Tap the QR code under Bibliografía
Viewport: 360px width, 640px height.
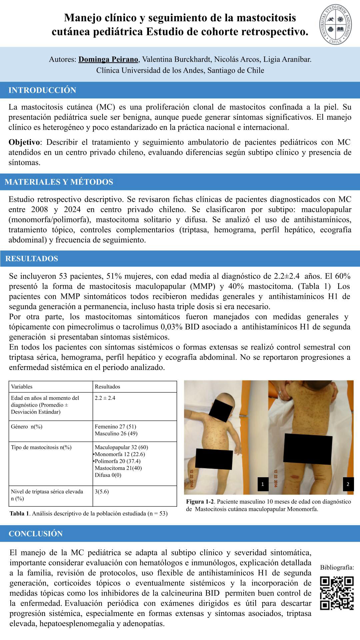(x=337, y=594)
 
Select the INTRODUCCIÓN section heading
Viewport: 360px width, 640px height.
(x=42, y=90)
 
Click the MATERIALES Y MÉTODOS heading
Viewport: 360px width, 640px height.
(x=59, y=182)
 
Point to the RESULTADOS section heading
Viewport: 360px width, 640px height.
(x=32, y=258)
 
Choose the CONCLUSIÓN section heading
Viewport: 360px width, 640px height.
(x=36, y=534)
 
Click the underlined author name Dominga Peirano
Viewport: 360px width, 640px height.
(x=108, y=59)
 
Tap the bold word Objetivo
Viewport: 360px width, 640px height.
(x=24, y=142)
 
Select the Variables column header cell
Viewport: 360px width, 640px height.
(x=22, y=387)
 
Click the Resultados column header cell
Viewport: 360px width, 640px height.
(x=107, y=387)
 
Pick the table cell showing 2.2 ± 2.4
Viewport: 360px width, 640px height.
(x=105, y=398)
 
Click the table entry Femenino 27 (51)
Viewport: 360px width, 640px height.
(x=115, y=427)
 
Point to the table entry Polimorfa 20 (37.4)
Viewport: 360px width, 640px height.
(x=117, y=461)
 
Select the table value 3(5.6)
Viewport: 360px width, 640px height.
(x=102, y=492)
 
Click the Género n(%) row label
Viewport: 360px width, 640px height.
(x=27, y=427)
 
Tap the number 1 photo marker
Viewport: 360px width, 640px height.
(x=263, y=484)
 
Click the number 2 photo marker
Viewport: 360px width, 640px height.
(x=348, y=484)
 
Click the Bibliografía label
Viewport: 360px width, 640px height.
(x=337, y=567)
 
